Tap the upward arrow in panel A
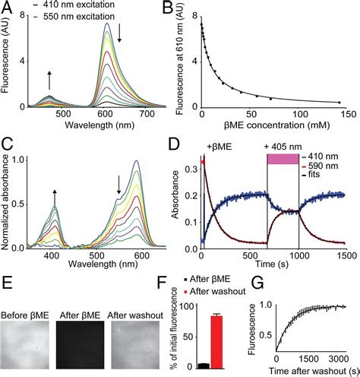click(x=50, y=81)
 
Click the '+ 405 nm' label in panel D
click(x=283, y=145)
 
